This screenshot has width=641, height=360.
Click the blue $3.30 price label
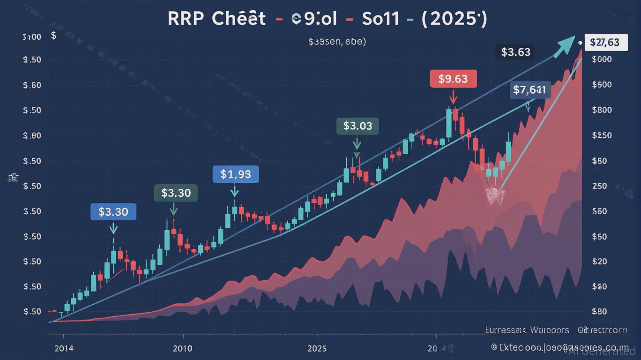(113, 212)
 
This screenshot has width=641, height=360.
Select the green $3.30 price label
(176, 193)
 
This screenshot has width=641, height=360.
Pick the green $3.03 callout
(358, 126)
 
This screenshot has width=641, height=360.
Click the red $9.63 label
(453, 79)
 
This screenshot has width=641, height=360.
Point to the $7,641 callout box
(529, 90)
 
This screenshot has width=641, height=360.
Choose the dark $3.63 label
(515, 52)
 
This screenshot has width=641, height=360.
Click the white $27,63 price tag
(604, 43)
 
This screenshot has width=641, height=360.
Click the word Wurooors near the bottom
(550, 330)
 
